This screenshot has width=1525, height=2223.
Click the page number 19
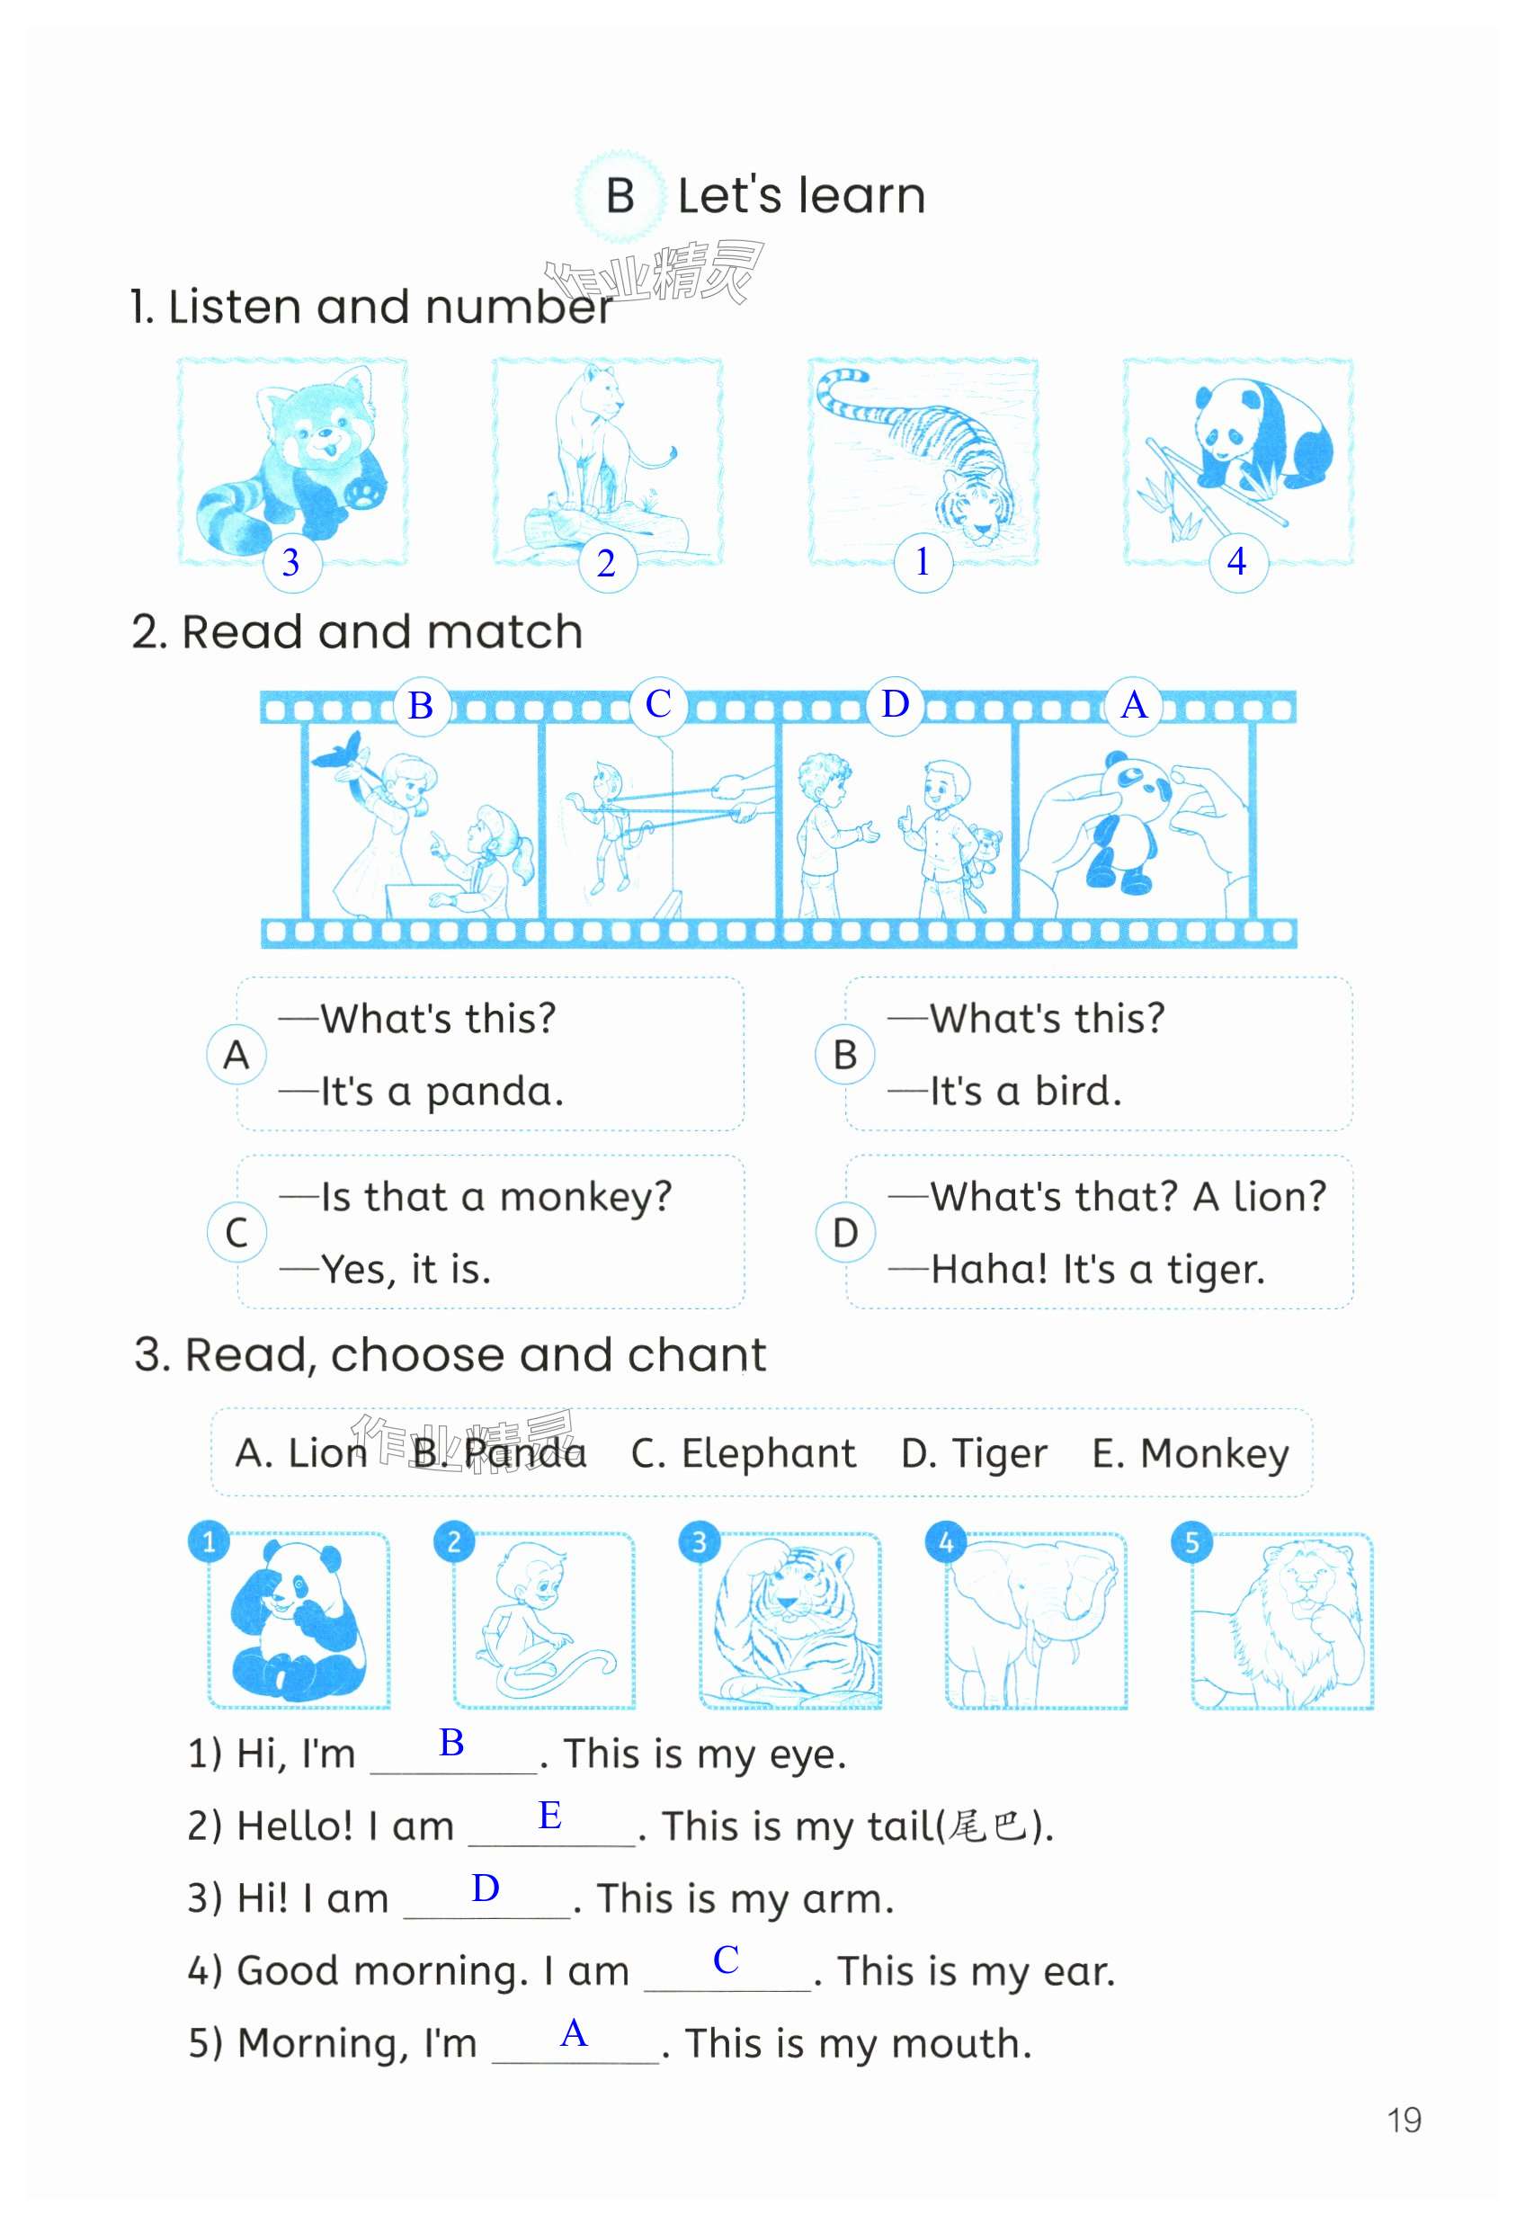click(1404, 2120)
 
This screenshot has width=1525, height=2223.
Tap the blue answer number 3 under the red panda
click(290, 562)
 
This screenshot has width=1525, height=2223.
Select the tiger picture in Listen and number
click(923, 463)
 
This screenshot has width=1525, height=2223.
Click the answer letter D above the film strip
click(896, 704)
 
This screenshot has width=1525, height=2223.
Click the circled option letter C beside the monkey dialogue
click(236, 1232)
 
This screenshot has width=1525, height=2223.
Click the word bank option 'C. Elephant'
click(744, 1453)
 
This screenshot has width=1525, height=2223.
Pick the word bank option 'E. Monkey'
click(1191, 1454)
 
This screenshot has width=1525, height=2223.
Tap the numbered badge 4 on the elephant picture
click(945, 1542)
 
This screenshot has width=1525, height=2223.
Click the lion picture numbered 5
click(1282, 1621)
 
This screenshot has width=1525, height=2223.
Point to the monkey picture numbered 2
click(543, 1621)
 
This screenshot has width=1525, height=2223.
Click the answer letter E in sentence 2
click(550, 1815)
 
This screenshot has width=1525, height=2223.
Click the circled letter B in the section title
click(620, 196)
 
